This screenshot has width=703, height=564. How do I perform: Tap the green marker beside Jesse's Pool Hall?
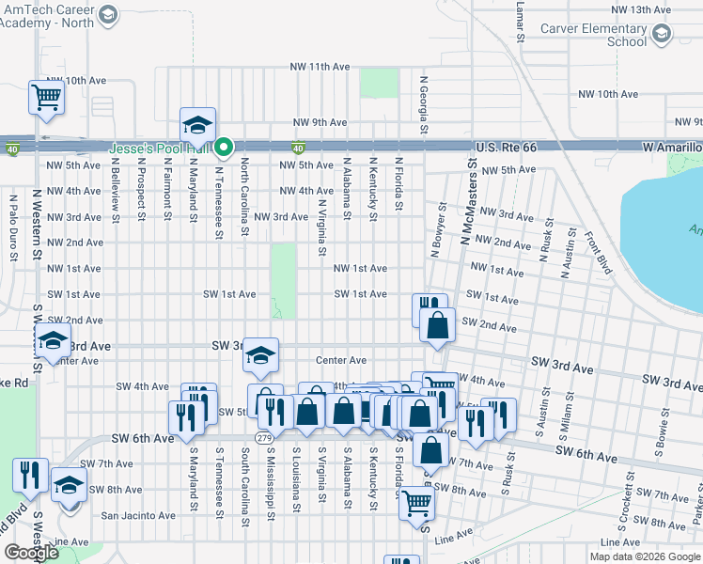click(x=224, y=147)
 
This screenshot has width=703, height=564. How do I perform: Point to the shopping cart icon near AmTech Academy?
click(x=46, y=97)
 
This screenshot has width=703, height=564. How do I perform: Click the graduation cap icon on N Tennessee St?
click(x=198, y=125)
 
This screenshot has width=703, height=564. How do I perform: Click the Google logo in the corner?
click(x=32, y=553)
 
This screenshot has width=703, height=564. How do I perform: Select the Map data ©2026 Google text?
click(x=645, y=556)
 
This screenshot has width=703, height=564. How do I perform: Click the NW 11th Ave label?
click(x=320, y=67)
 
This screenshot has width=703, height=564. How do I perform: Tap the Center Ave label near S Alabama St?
click(x=340, y=360)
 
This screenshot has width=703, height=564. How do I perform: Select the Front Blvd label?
click(x=598, y=251)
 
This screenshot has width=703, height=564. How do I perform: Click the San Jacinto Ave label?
click(x=138, y=515)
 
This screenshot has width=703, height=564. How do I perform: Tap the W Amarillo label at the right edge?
click(x=672, y=149)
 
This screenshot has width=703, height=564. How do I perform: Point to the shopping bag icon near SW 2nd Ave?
click(x=438, y=326)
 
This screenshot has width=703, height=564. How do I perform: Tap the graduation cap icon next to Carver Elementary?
click(x=663, y=35)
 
